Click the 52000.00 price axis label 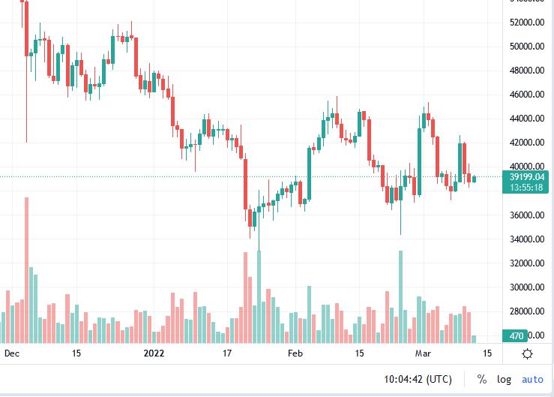tap(526, 23)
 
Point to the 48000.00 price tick tap(526, 71)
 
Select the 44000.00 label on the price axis tap(526, 119)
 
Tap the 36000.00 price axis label tap(526, 215)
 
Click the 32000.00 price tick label tap(526, 263)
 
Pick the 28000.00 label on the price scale tap(526, 311)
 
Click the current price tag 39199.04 tap(526, 177)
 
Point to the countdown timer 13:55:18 tap(526, 188)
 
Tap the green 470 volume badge tap(517, 335)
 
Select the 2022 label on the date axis tap(154, 353)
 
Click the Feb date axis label tap(295, 353)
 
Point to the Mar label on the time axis tap(424, 353)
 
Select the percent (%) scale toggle tap(481, 380)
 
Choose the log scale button tap(504, 380)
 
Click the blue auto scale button tap(532, 380)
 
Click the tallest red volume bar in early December tap(26, 270)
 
